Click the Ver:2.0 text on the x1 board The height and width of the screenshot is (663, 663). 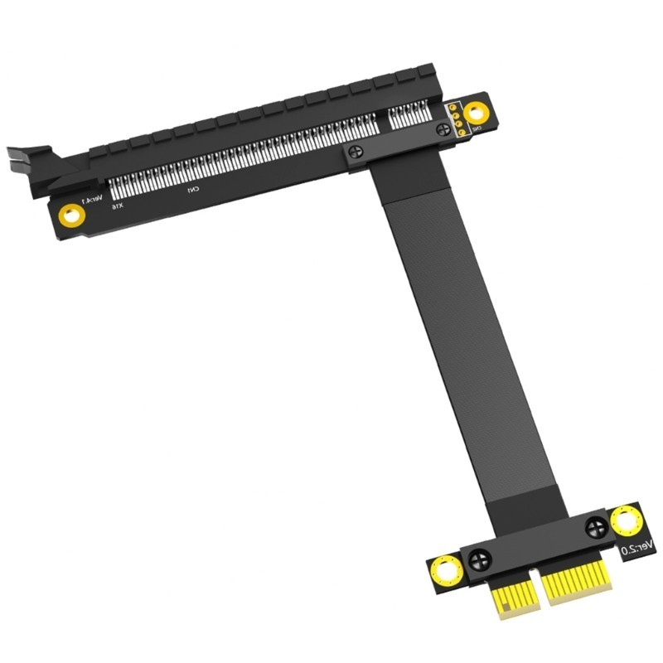pos(637,546)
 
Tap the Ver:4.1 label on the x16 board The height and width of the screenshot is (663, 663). pos(94,200)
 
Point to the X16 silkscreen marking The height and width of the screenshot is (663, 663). pos(118,205)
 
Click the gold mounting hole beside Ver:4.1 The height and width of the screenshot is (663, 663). pos(71,215)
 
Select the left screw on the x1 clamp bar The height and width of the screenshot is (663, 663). pos(480,560)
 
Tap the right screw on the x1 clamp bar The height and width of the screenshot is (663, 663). pos(596,527)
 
